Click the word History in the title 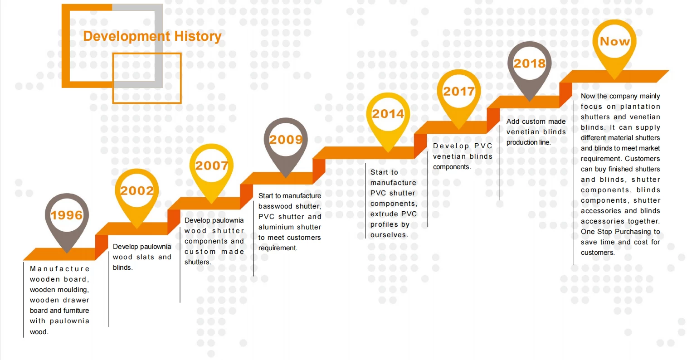pos(198,36)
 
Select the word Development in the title pos(127,37)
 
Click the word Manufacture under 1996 pos(59,269)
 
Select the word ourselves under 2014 pos(389,235)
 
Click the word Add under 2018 pos(513,122)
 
